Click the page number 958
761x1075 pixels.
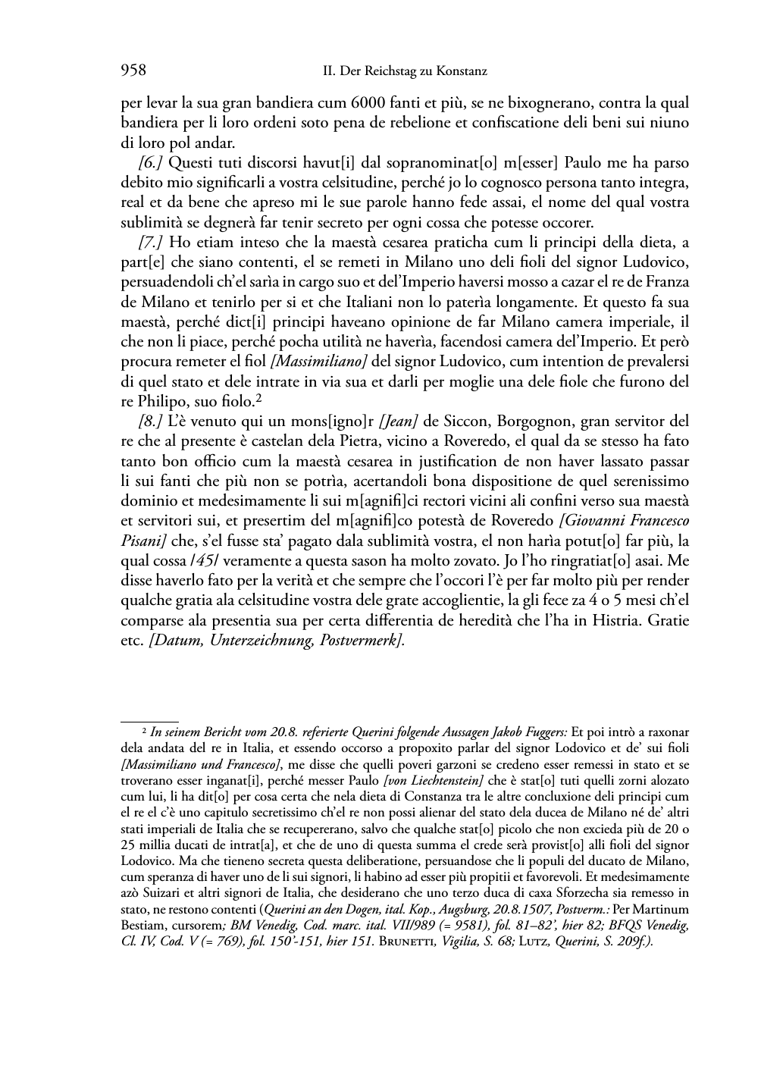(133, 71)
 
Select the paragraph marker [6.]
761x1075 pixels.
(150, 162)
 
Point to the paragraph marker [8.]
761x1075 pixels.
(150, 421)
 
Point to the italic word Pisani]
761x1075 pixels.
(144, 541)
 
